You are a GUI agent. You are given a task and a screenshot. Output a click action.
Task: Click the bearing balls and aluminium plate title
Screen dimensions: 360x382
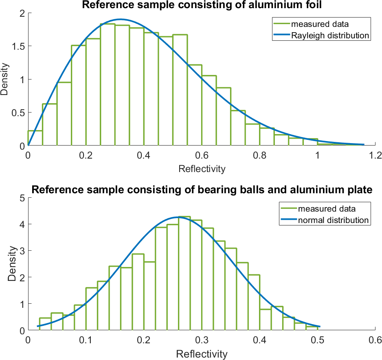202,190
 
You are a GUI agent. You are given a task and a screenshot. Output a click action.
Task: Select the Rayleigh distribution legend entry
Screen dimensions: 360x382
330,35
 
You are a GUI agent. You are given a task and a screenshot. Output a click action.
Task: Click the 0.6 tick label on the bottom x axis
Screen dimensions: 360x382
375,340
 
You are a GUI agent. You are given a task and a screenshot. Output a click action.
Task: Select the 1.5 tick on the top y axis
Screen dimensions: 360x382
17,46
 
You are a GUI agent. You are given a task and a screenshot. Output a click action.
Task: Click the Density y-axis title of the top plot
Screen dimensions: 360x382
5,79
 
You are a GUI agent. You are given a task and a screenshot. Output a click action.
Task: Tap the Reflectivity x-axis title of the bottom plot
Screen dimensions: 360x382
201,353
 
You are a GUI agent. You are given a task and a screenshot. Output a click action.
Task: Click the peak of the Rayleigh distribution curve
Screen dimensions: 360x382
121,19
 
